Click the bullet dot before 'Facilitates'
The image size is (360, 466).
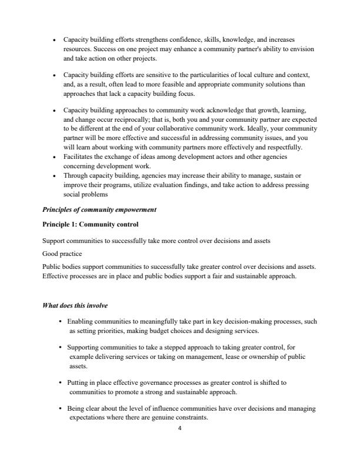point(54,157)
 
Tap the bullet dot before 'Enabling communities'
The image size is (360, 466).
point(61,321)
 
